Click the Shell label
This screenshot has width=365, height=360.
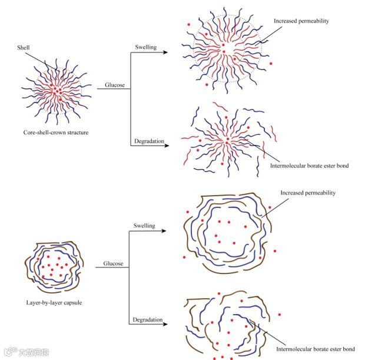coord(23,48)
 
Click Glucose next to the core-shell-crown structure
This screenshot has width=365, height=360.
coord(114,85)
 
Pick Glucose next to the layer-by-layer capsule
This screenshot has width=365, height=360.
coord(114,263)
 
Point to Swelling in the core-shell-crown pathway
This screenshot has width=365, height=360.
coord(146,47)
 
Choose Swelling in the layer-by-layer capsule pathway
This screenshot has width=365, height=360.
coord(144,226)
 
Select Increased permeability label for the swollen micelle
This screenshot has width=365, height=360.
coord(301,21)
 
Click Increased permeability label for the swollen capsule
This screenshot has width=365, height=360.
coord(307,193)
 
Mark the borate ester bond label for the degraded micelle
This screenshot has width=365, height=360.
coord(309,166)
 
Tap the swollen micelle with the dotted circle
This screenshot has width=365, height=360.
coord(224,51)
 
